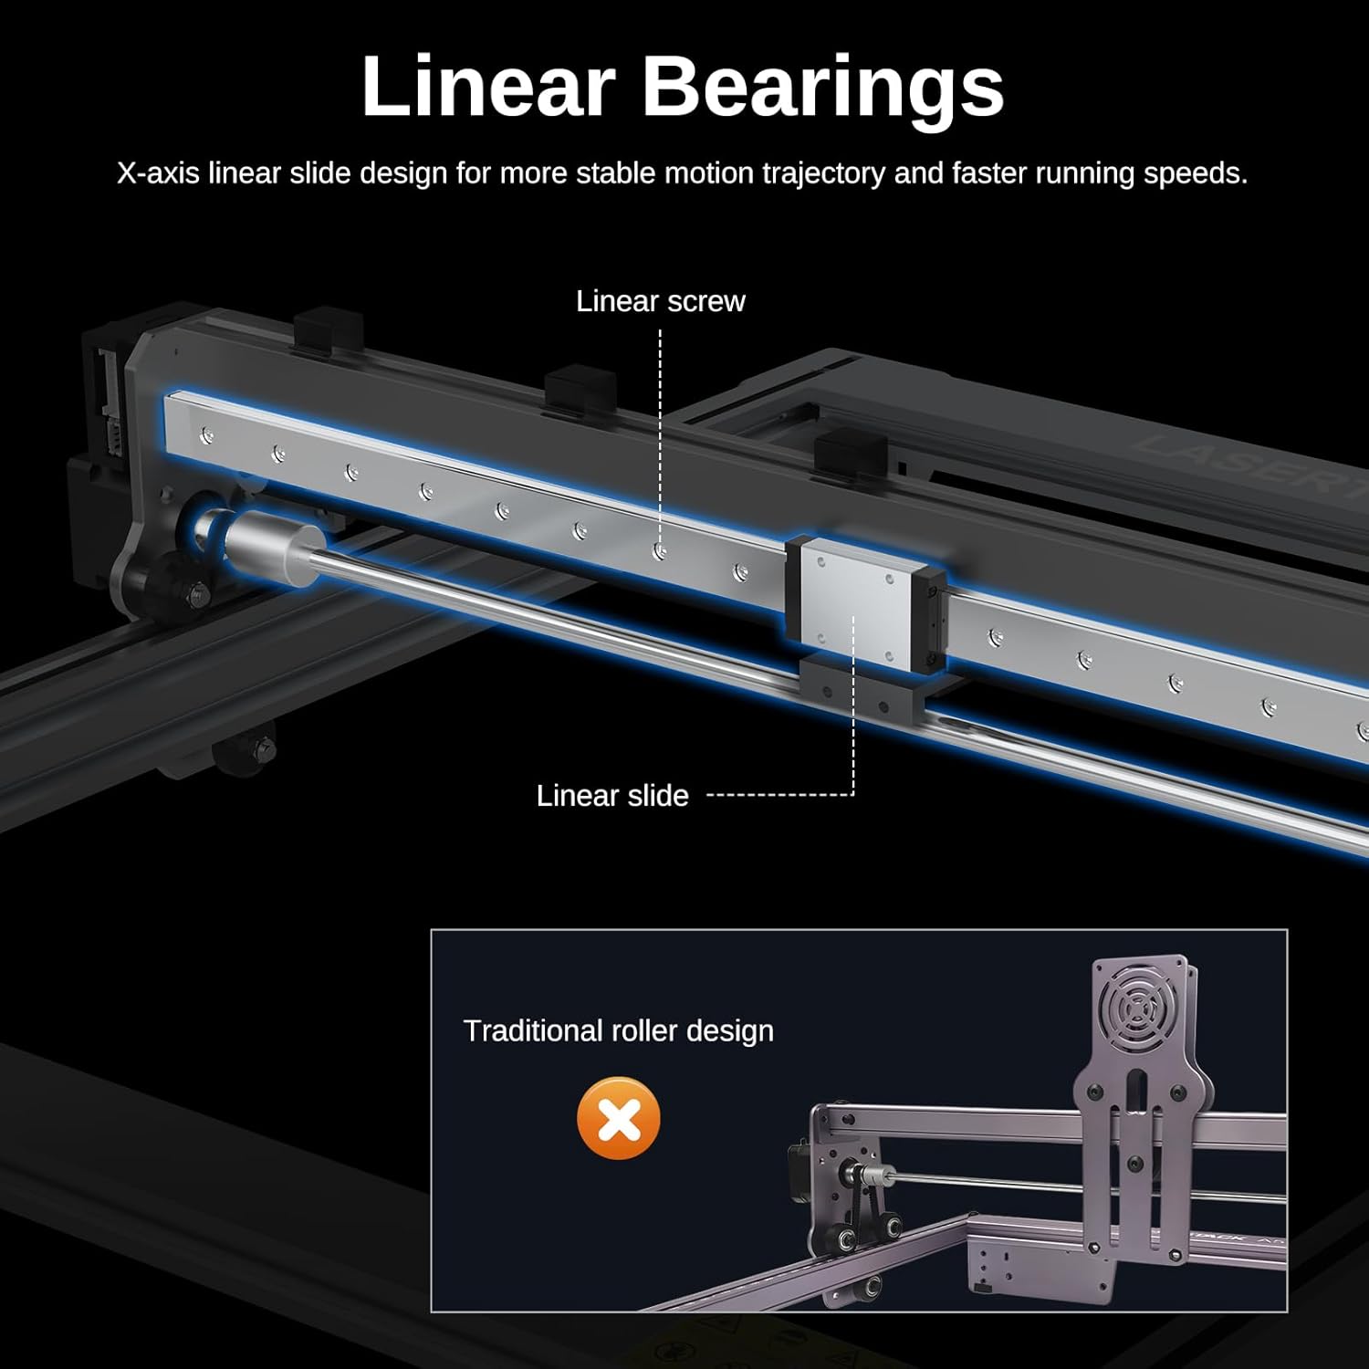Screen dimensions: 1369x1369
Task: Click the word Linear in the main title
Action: click(488, 87)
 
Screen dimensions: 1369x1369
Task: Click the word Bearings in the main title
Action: click(823, 87)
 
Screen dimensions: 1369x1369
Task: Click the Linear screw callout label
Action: click(660, 301)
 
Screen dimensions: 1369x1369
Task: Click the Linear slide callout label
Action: click(611, 796)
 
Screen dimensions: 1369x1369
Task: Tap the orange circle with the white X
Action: click(619, 1119)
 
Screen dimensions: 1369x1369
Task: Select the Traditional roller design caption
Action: click(618, 1031)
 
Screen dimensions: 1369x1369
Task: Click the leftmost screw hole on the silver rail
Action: click(207, 435)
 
